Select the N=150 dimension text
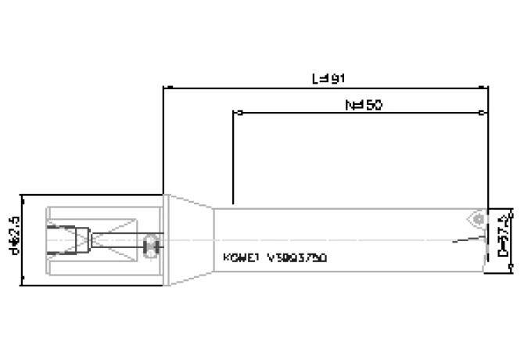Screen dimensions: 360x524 [x=363, y=104]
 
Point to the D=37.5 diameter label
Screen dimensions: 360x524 [x=504, y=241]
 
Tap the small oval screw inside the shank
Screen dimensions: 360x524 [x=152, y=249]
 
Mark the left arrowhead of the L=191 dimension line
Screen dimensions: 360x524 [x=167, y=88]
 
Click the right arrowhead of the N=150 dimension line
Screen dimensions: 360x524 [x=484, y=113]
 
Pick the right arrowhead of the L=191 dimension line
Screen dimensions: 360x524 [x=484, y=88]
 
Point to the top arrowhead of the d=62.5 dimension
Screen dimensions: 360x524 [x=22, y=198]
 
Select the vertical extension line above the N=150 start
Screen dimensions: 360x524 [x=233, y=157]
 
